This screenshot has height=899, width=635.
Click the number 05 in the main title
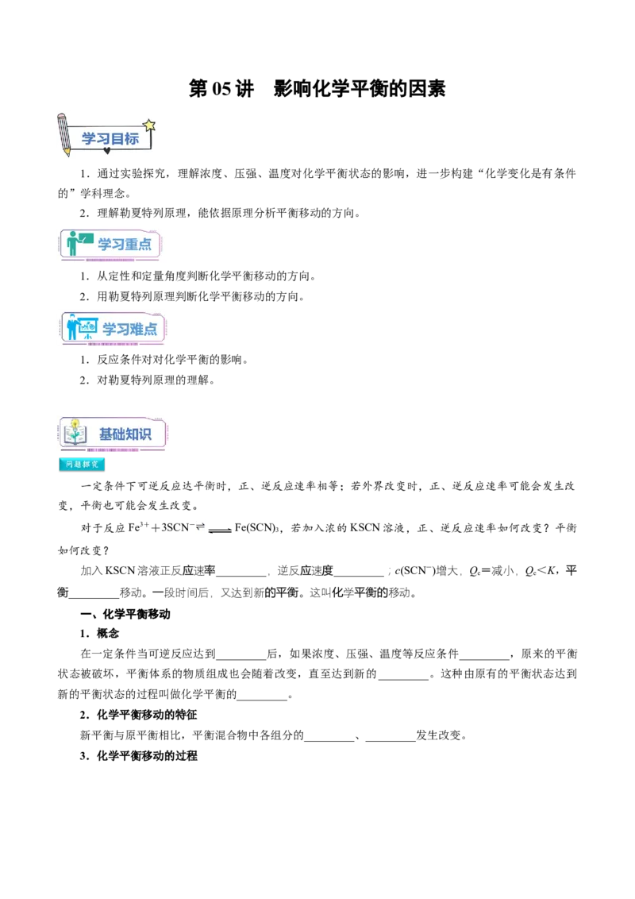click(x=221, y=89)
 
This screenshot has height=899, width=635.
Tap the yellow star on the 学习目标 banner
click(x=149, y=125)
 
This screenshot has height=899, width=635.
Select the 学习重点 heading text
click(x=125, y=245)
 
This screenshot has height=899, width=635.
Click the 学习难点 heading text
click(x=129, y=329)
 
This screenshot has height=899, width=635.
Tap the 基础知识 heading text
click(x=125, y=434)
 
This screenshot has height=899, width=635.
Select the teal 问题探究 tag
click(x=82, y=465)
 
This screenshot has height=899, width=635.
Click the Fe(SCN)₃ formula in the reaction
click(x=256, y=528)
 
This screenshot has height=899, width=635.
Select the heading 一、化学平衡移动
click(x=125, y=614)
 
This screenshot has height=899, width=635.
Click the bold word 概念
click(x=108, y=634)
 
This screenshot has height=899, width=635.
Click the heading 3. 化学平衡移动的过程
click(x=138, y=756)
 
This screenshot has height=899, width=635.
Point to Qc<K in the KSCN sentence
click(x=541, y=571)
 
